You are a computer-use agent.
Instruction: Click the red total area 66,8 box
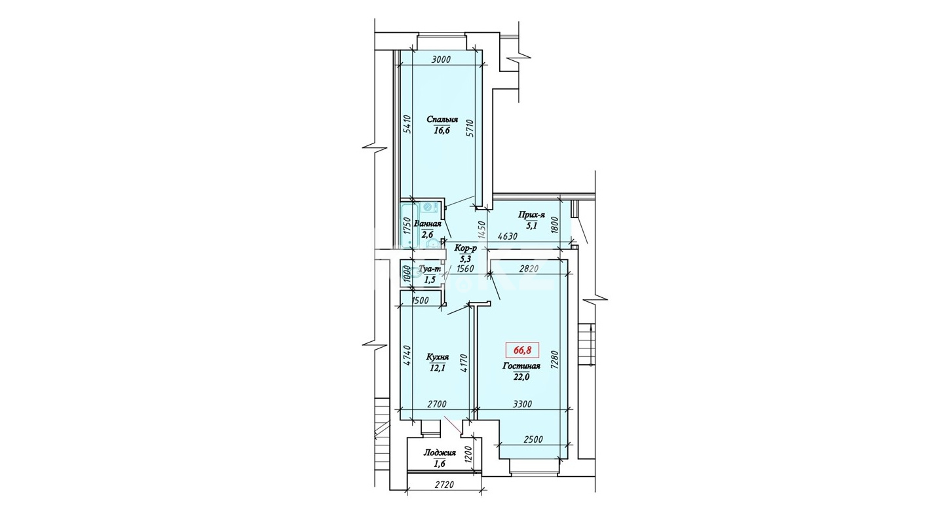coord(521,350)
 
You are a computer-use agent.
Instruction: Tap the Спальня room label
coord(442,120)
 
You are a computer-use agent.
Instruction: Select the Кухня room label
coord(438,357)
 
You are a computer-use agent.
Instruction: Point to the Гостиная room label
coord(521,365)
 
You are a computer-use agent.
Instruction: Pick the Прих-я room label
coord(532,215)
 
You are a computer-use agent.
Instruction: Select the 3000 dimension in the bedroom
coord(441,60)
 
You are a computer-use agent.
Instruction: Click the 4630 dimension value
coord(508,236)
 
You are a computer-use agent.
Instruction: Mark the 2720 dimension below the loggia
coord(444,485)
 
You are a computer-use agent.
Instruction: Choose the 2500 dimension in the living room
coord(533,439)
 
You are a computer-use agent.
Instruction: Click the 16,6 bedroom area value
coord(442,131)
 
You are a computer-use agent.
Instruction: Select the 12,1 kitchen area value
coord(437,369)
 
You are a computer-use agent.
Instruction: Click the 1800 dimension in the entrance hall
coord(555,225)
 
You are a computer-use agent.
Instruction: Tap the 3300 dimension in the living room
coord(522,404)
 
